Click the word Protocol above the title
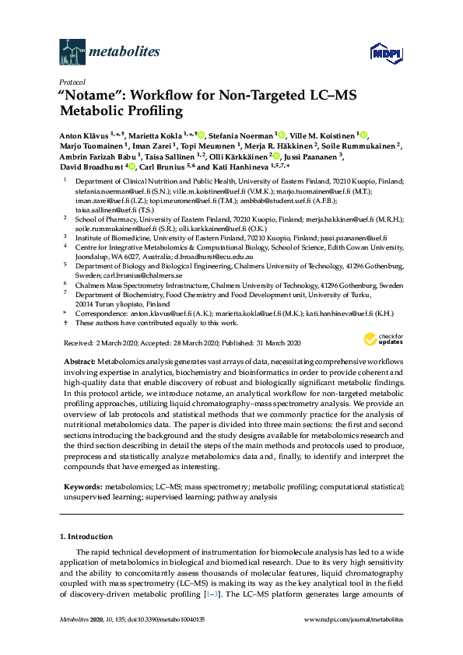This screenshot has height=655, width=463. coord(72,82)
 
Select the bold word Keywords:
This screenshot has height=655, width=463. coord(81,485)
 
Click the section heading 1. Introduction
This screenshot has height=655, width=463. coord(86,537)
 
